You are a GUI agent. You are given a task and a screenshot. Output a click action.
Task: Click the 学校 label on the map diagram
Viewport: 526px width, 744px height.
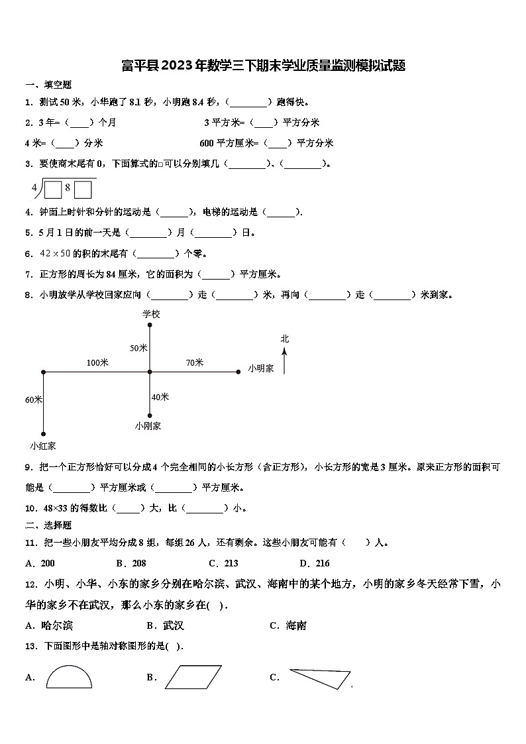tap(151, 314)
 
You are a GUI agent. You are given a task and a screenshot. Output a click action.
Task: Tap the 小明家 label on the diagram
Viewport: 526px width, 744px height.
tap(261, 368)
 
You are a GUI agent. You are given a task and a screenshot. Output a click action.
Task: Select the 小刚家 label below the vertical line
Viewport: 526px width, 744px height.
tap(148, 426)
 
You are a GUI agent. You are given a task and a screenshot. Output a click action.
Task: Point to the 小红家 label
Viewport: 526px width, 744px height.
tap(42, 446)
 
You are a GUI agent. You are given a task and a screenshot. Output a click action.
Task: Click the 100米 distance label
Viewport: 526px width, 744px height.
tap(97, 362)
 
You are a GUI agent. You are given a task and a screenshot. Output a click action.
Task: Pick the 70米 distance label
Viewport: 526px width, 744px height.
tap(194, 362)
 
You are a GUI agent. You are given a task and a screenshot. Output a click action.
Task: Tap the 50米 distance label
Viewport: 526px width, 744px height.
tap(138, 348)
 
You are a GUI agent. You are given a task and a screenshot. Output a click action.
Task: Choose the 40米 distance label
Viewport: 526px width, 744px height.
tap(160, 397)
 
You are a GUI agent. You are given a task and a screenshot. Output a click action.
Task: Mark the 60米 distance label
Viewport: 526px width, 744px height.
tap(34, 399)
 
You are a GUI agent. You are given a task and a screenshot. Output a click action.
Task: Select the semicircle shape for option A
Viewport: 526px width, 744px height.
tap(69, 677)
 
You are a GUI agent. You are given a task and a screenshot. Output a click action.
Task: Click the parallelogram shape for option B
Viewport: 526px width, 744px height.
tap(193, 677)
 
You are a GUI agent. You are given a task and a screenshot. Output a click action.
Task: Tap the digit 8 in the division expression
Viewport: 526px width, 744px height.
tap(68, 187)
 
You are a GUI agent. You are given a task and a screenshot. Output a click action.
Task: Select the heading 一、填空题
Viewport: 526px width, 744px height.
tap(48, 85)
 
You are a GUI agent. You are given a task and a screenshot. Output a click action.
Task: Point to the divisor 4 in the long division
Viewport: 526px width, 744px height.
tap(34, 187)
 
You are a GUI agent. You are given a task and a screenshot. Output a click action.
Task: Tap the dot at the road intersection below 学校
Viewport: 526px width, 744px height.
tap(150, 372)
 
